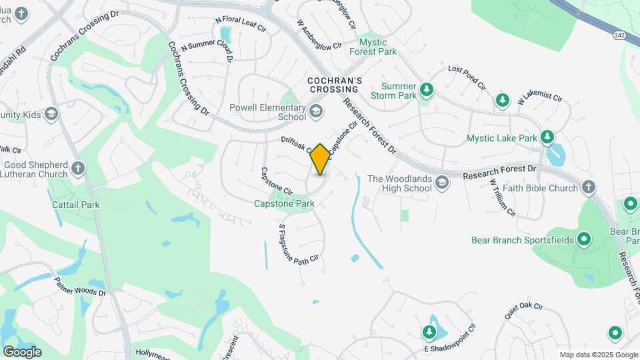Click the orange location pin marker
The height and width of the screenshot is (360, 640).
(x=320, y=159)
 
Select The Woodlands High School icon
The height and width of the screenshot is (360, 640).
(x=441, y=183)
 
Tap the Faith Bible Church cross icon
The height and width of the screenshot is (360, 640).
(x=589, y=187)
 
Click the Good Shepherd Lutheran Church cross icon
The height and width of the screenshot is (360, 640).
(x=78, y=169)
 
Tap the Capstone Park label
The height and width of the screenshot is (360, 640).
(x=284, y=203)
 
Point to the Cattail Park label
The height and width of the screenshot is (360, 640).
(x=76, y=205)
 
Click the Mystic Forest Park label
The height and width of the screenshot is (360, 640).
(x=377, y=47)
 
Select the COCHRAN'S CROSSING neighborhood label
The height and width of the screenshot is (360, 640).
(x=335, y=85)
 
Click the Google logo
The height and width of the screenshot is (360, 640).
(x=22, y=351)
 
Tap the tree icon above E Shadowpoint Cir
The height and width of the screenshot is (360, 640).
(x=429, y=331)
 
